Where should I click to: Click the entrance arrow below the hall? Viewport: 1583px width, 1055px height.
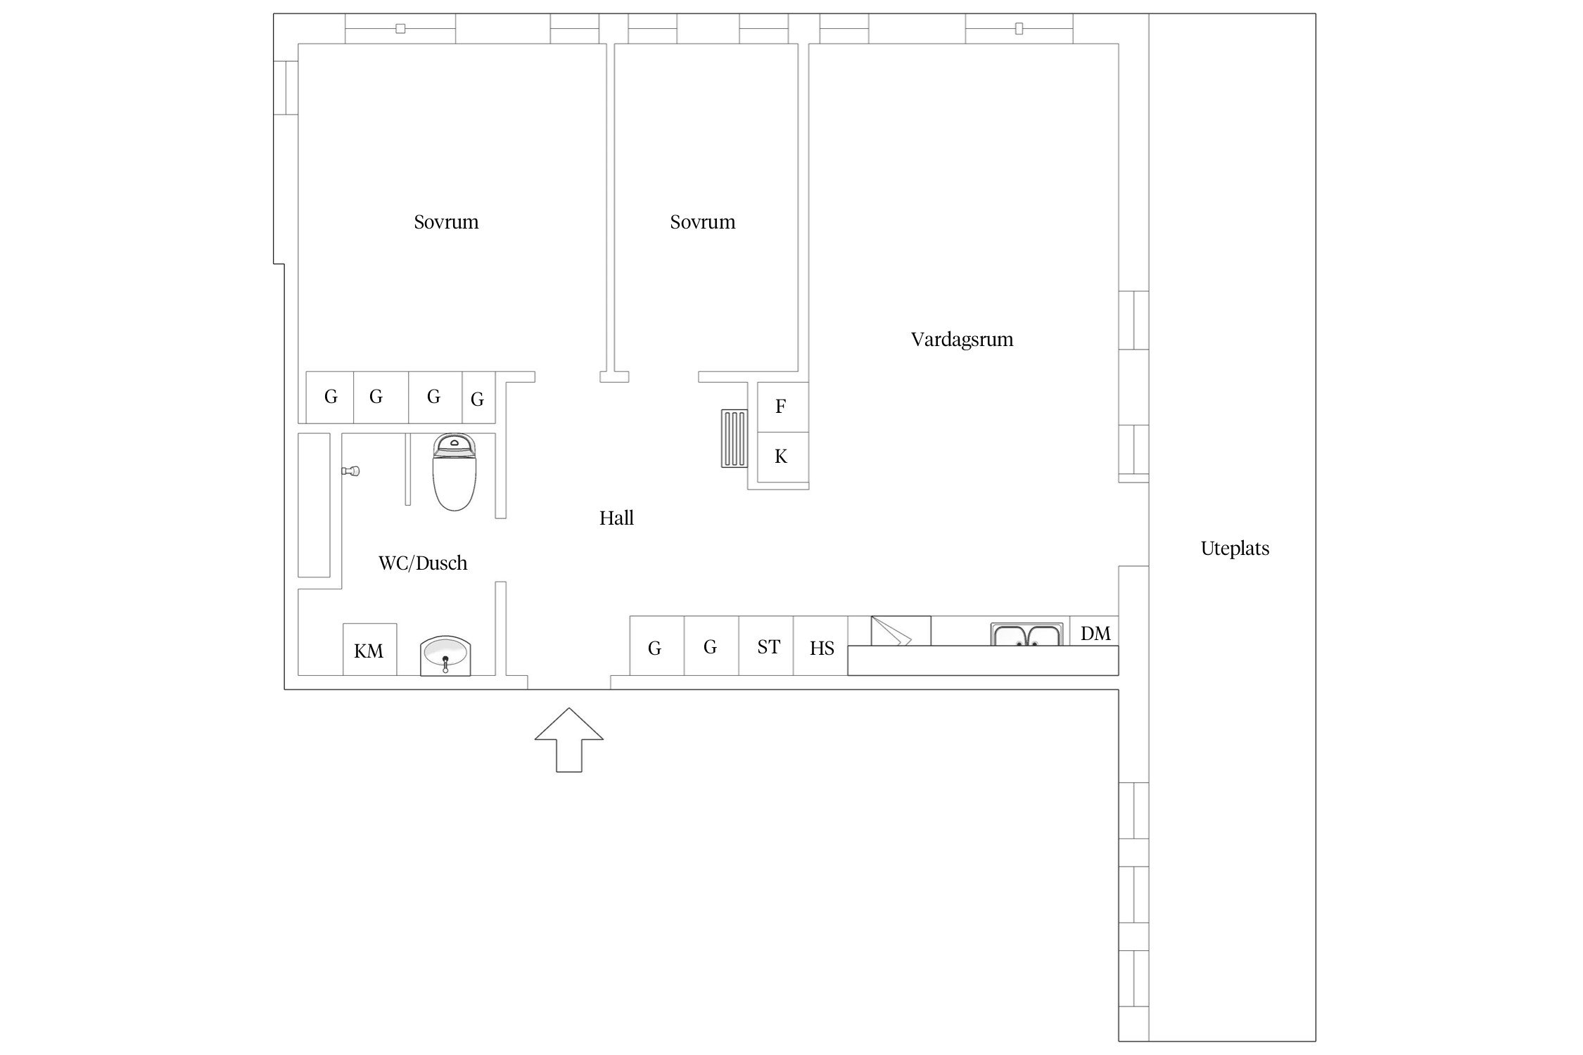568,739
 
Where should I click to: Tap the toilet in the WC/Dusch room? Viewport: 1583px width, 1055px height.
454,472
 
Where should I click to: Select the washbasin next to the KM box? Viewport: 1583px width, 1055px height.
445,656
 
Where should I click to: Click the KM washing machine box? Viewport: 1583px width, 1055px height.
369,649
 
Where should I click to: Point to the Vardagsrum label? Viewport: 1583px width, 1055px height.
962,340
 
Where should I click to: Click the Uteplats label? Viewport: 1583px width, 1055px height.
1235,549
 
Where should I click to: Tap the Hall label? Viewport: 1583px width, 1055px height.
616,518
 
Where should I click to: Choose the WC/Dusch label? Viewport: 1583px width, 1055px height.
423,563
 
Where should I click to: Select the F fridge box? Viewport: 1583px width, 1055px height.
782,407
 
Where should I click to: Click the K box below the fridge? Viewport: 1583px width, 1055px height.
782,457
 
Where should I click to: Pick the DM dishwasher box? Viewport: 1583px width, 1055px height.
1094,632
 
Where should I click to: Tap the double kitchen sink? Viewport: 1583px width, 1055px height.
1026,634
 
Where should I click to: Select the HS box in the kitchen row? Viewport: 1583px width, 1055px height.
820,646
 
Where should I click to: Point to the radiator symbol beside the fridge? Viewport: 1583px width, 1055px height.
734,439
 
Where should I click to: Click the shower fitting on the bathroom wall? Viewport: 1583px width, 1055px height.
351,471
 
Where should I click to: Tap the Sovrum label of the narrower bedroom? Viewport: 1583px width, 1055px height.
702,222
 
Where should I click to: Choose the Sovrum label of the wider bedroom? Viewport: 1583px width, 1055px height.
446,222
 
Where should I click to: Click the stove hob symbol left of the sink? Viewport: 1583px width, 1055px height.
901,631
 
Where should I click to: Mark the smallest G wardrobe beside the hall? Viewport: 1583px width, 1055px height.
478,397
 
